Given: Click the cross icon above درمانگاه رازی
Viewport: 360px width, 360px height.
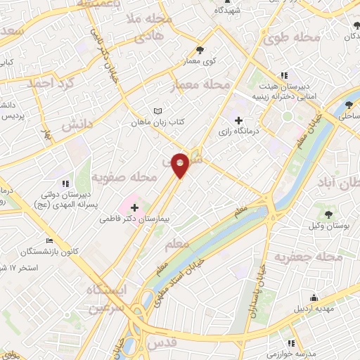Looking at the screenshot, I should point(240,120).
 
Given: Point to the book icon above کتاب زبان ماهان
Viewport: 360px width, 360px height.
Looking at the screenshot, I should point(158,110).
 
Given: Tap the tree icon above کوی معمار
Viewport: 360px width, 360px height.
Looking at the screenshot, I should point(200,49).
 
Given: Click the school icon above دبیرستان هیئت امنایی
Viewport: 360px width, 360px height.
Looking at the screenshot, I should point(283,75).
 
